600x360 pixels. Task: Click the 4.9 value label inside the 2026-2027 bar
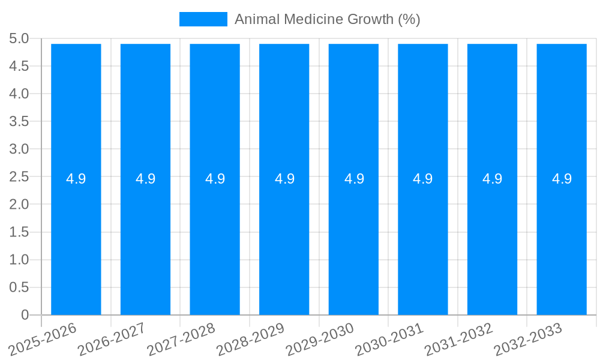pyautogui.click(x=145, y=179)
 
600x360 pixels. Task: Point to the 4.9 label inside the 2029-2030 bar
pyautogui.click(x=354, y=179)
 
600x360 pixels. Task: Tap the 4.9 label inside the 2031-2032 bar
pyautogui.click(x=493, y=179)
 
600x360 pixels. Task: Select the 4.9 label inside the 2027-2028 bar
pyautogui.click(x=215, y=179)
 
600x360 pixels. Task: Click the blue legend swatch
pyautogui.click(x=203, y=19)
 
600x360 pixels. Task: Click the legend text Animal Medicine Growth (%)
pyautogui.click(x=327, y=19)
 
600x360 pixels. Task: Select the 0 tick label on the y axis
pyautogui.click(x=25, y=315)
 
